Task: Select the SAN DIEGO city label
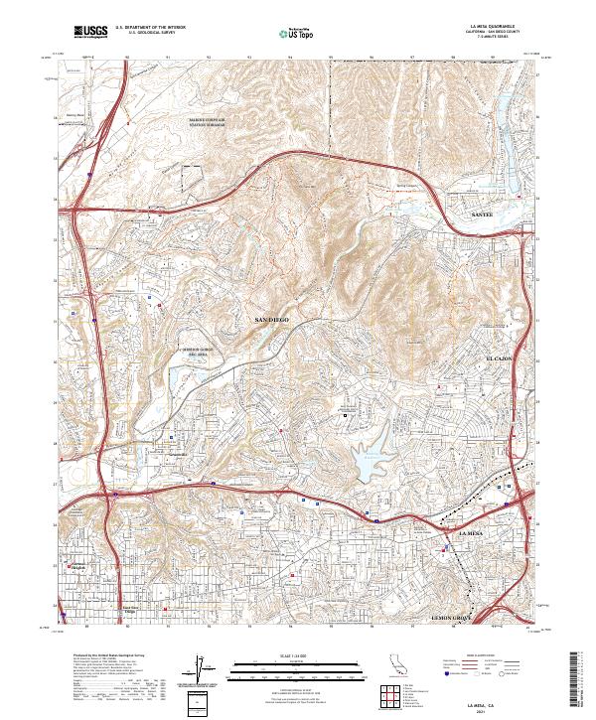(271, 320)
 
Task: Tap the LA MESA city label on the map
(472, 534)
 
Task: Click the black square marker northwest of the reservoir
(347, 414)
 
